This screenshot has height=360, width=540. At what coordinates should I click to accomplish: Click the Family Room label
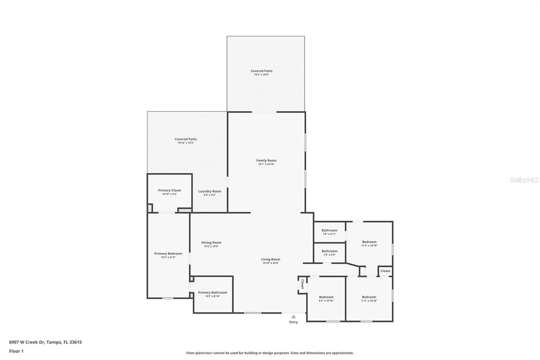(x=266, y=161)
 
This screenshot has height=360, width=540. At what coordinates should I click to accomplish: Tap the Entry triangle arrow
(x=293, y=317)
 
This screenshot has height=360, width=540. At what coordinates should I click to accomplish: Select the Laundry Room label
(x=210, y=191)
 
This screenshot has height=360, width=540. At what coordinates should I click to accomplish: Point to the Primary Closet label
(x=169, y=190)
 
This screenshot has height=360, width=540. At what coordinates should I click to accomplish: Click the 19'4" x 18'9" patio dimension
(x=261, y=75)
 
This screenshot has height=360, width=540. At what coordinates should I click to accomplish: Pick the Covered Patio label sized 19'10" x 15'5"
(x=186, y=139)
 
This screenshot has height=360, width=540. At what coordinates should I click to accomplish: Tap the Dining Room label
(x=211, y=242)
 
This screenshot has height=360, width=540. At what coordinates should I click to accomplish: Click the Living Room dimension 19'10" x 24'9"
(x=270, y=263)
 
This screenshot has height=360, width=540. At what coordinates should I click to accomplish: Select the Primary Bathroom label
(x=212, y=292)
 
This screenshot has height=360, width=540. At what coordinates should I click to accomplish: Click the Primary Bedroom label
(x=168, y=254)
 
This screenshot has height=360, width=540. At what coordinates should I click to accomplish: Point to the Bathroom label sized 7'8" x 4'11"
(x=329, y=230)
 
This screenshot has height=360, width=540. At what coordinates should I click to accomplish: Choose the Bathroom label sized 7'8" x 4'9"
(x=329, y=251)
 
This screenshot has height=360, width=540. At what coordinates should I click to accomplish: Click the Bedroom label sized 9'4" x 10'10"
(x=326, y=297)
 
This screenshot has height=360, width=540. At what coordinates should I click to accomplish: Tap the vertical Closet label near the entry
(x=302, y=284)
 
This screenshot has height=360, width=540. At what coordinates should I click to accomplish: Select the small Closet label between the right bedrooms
(x=385, y=271)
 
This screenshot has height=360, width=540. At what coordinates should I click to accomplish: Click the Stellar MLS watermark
(x=524, y=180)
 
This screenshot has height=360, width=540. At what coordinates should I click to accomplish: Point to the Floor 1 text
(x=16, y=351)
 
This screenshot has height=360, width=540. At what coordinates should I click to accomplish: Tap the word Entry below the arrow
(x=293, y=322)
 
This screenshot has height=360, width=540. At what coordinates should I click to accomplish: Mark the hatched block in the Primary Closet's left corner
(x=150, y=208)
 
